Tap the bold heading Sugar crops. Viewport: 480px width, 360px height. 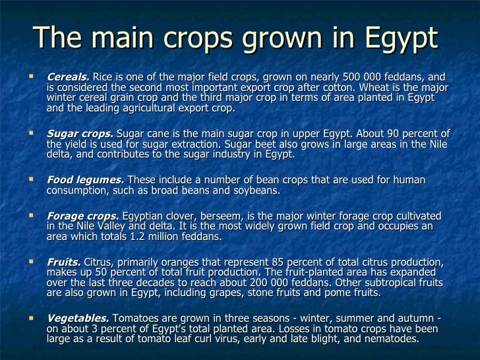(80, 135)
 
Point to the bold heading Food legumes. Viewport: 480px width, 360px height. (85, 180)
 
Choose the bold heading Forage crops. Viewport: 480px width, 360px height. (83, 216)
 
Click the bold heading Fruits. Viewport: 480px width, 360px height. (63, 261)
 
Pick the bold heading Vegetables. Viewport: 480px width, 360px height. (76, 318)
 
